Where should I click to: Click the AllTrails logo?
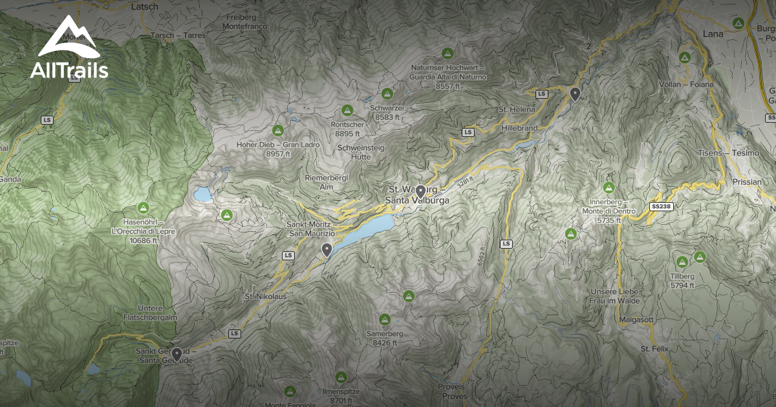pos(69,49)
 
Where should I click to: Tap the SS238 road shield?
pos(660,206)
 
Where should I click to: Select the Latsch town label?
pos(144,6)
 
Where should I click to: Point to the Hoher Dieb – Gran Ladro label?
pos(278,149)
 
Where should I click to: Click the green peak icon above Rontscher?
pos(347,110)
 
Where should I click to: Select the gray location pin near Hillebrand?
pos(575,94)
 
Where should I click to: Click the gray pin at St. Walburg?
pos(420,191)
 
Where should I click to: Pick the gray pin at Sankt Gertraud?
pos(177,353)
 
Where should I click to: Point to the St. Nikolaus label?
pos(265,296)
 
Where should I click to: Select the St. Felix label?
pos(653,349)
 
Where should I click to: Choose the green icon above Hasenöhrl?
pos(144,208)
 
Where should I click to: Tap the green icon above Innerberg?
pos(608,188)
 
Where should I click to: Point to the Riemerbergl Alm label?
pos(327,182)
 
